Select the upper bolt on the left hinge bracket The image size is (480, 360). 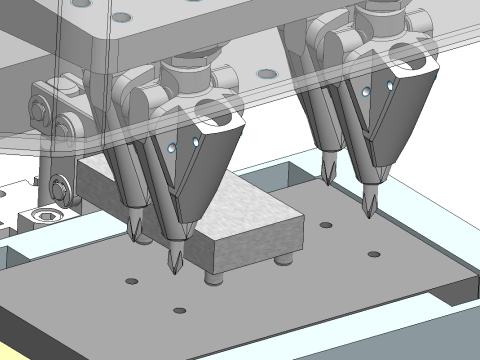39,102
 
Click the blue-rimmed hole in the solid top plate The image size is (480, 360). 121,18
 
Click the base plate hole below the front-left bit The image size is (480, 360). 180,310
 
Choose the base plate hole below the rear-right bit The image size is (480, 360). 325,225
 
